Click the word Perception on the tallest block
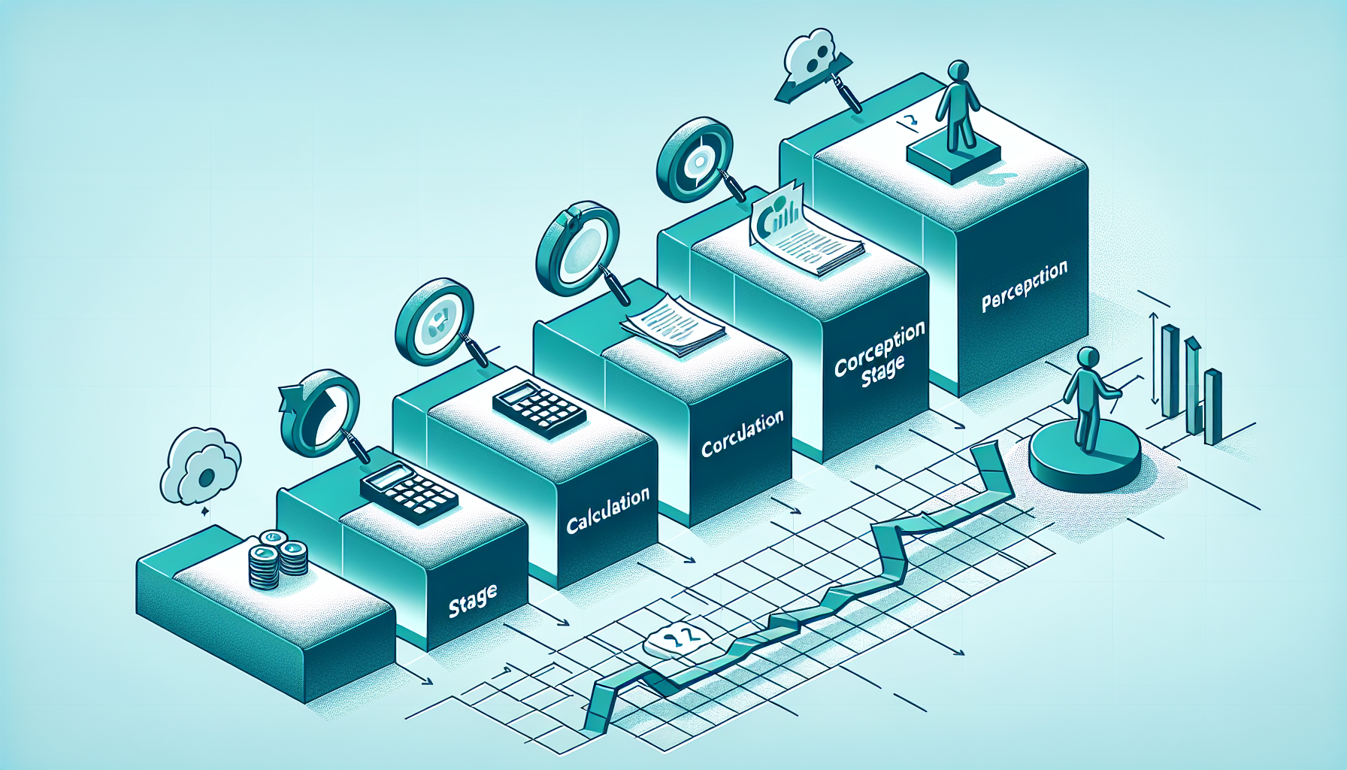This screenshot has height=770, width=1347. click(x=1024, y=286)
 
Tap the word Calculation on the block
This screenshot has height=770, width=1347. click(x=607, y=512)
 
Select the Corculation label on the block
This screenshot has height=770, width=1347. click(x=742, y=435)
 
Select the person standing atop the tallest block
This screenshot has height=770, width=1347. click(x=957, y=105)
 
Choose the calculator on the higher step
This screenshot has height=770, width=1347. click(x=539, y=410)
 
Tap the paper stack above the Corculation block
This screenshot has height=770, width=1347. click(x=672, y=326)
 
